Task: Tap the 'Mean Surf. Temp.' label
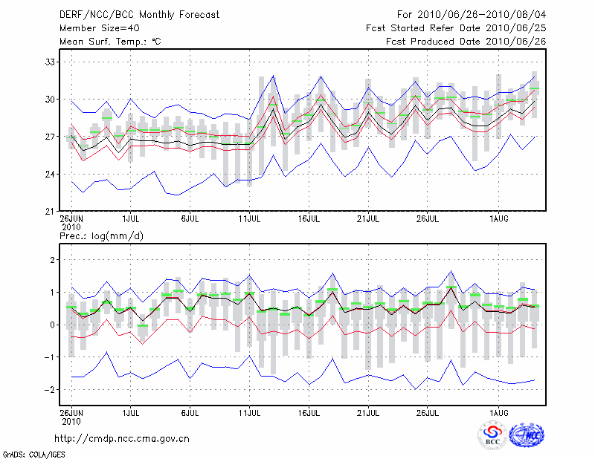[x=109, y=42]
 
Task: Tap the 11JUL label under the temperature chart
[x=250, y=219]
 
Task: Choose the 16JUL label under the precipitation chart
[x=309, y=411]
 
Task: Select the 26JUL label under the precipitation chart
[x=428, y=411]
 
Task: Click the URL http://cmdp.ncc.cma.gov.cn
[x=122, y=439]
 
